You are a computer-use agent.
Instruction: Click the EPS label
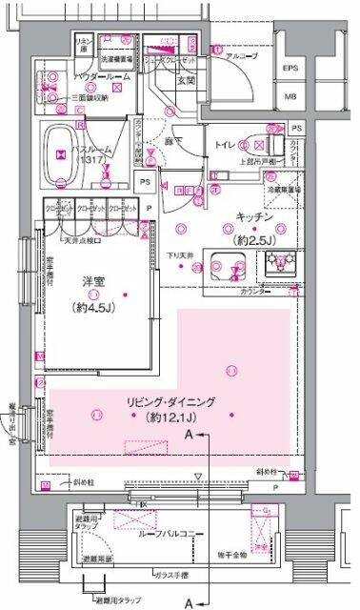coord(290,71)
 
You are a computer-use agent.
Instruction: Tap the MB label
coord(290,96)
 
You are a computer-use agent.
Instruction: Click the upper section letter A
coord(192,435)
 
